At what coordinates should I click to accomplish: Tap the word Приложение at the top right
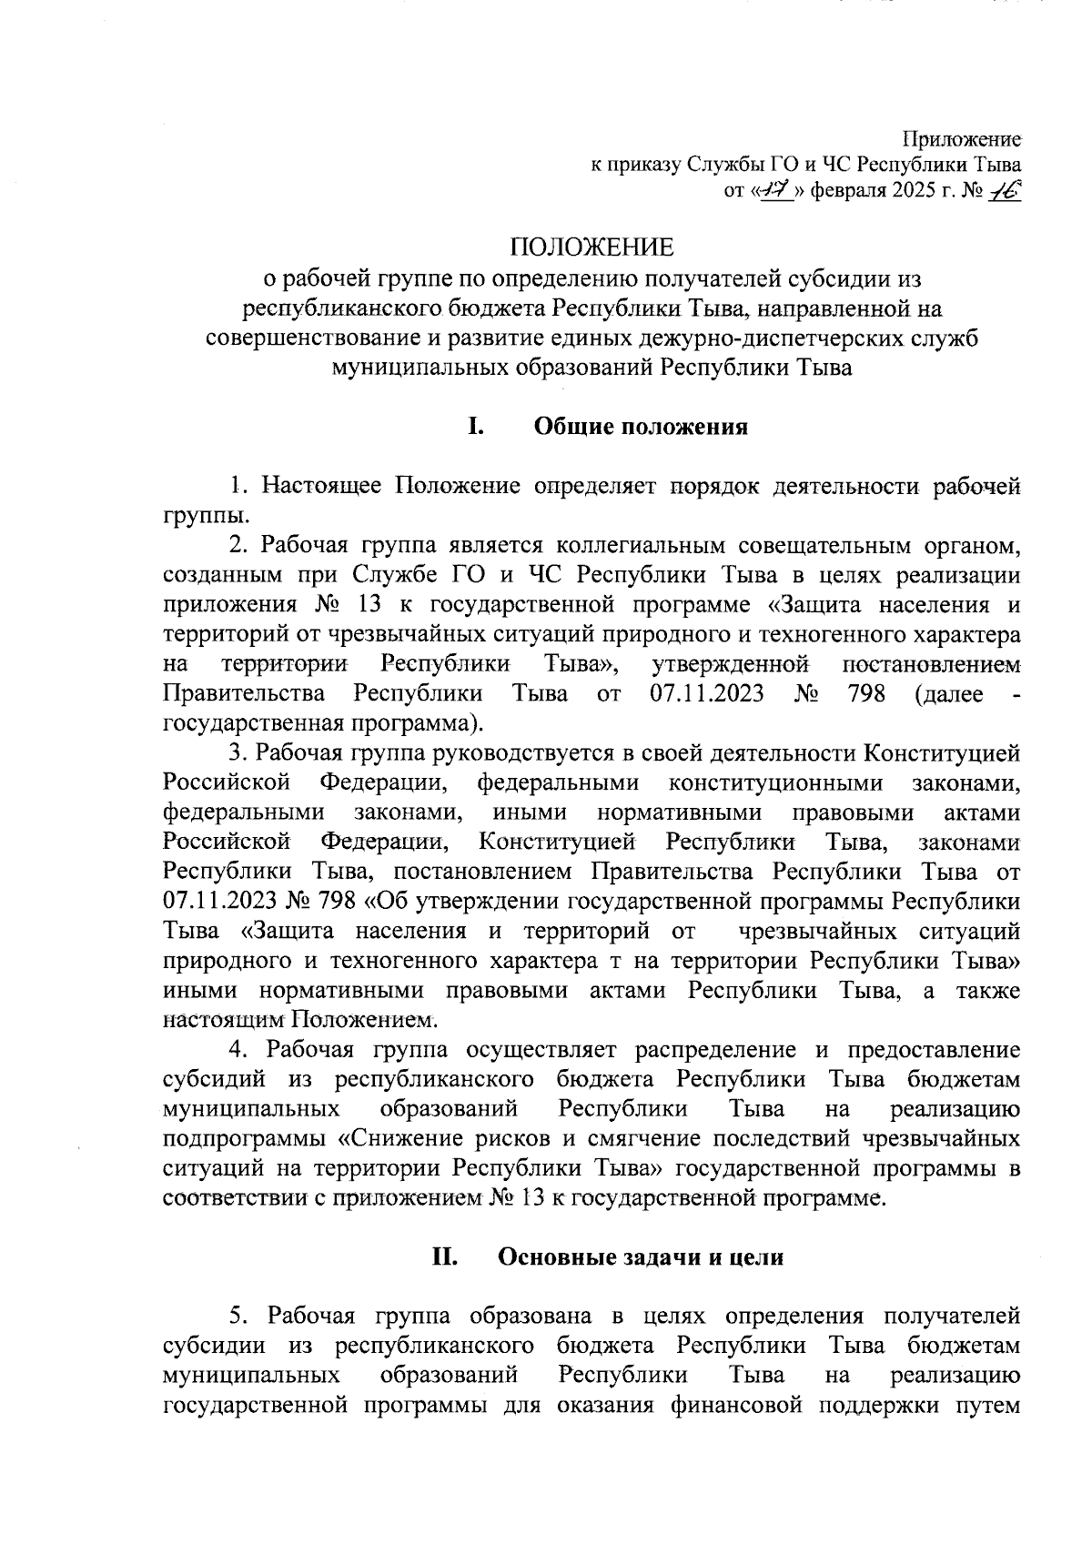[x=961, y=140]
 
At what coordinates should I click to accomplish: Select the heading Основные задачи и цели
[x=641, y=1258]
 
